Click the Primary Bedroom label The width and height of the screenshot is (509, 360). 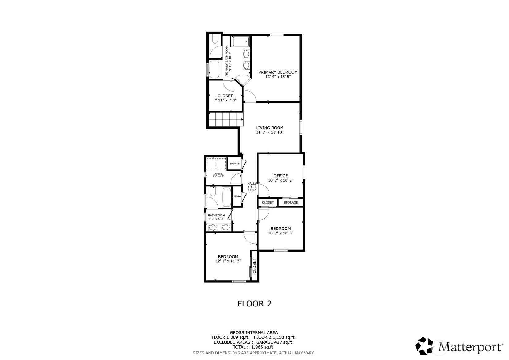tap(278, 72)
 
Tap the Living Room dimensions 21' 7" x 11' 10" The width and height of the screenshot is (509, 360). tap(269, 132)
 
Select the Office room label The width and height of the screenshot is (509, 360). tap(281, 176)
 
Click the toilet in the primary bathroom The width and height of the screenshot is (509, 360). tap(215, 40)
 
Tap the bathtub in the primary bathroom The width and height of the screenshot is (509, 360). tap(214, 69)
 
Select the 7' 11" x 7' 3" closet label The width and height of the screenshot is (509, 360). tap(225, 98)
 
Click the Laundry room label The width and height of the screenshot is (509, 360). tap(218, 174)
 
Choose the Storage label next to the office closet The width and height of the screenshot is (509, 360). tap(291, 202)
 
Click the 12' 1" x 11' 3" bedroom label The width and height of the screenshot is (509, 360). tap(228, 259)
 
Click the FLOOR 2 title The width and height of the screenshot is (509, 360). tap(254, 303)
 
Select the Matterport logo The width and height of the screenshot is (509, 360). tap(459, 346)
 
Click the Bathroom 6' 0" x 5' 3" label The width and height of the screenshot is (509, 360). tap(216, 217)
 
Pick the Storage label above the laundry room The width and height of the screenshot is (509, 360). tap(234, 163)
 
